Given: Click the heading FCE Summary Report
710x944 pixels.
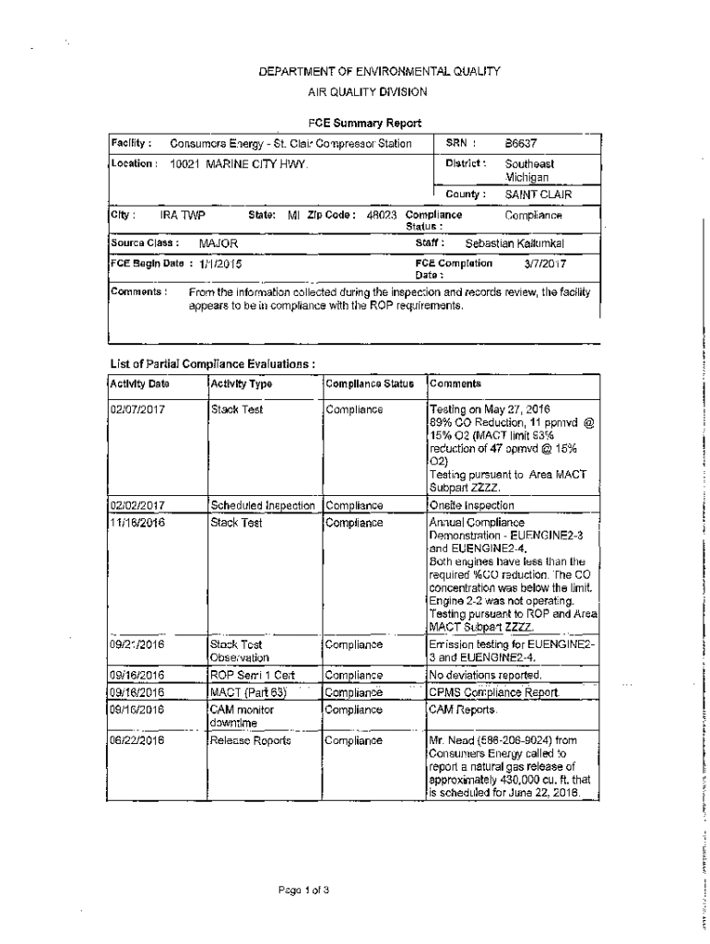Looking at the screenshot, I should tap(364, 123).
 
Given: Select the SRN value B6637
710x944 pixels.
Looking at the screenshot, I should tap(521, 144).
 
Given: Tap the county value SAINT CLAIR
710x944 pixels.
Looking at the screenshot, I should tap(538, 195).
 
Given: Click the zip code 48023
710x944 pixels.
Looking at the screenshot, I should tap(381, 215).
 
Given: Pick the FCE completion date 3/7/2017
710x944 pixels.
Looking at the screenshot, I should tap(546, 263).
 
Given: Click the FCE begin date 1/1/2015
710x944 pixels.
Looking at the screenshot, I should tap(221, 264).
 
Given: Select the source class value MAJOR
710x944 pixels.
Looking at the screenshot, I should tap(219, 243).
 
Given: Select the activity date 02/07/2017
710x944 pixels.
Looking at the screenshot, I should tap(137, 409).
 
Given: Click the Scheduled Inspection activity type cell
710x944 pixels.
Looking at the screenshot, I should tap(264, 505).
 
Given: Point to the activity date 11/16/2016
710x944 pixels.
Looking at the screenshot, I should tap(137, 523).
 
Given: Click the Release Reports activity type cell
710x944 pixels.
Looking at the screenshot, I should tap(250, 740).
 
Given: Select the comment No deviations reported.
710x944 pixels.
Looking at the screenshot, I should tap(485, 676).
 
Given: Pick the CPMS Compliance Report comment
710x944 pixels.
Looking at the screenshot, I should tap(493, 692).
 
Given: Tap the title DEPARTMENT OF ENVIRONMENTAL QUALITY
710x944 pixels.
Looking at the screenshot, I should tap(367, 70).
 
